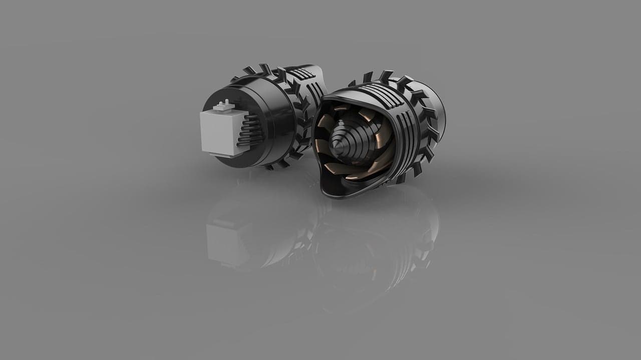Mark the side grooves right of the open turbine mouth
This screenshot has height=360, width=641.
point(408,145)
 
